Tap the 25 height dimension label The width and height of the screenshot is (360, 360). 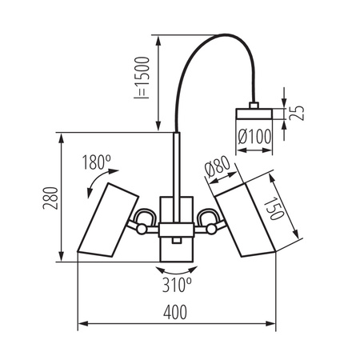(x=296, y=112)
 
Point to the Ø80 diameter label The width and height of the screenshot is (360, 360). (x=218, y=169)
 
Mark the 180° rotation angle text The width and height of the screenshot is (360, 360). (x=95, y=162)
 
